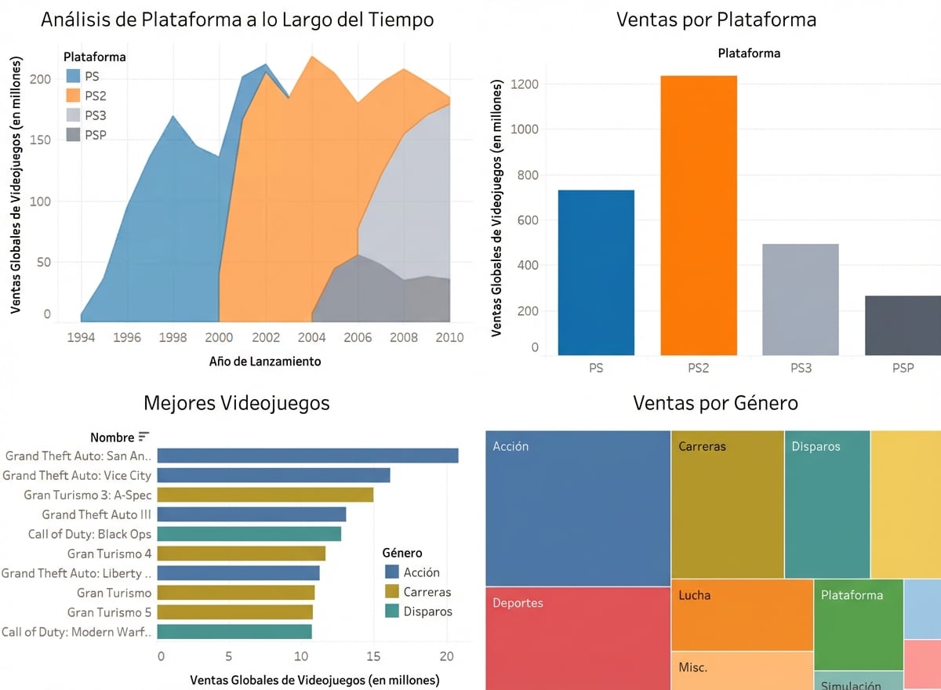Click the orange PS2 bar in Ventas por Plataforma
698,216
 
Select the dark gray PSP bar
903,325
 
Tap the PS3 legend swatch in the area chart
73,115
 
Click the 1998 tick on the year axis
173,337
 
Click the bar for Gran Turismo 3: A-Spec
266,495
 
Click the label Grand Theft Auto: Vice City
77,475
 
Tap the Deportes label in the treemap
518,603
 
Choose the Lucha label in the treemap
694,595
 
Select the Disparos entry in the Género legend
427,612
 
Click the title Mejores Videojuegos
236,403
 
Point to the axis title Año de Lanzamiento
265,361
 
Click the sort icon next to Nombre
144,437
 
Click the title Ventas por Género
715,403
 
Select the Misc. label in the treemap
692,667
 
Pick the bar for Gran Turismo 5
236,612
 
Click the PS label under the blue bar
596,367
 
